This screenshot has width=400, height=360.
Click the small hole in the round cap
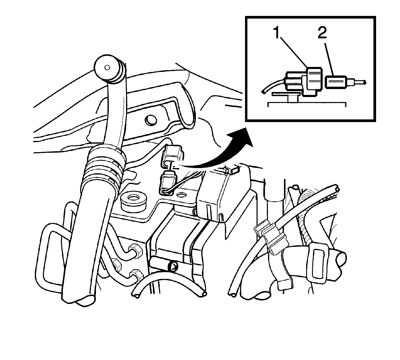pyautogui.click(x=107, y=68)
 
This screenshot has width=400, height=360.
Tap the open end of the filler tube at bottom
pyautogui.click(x=80, y=299)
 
